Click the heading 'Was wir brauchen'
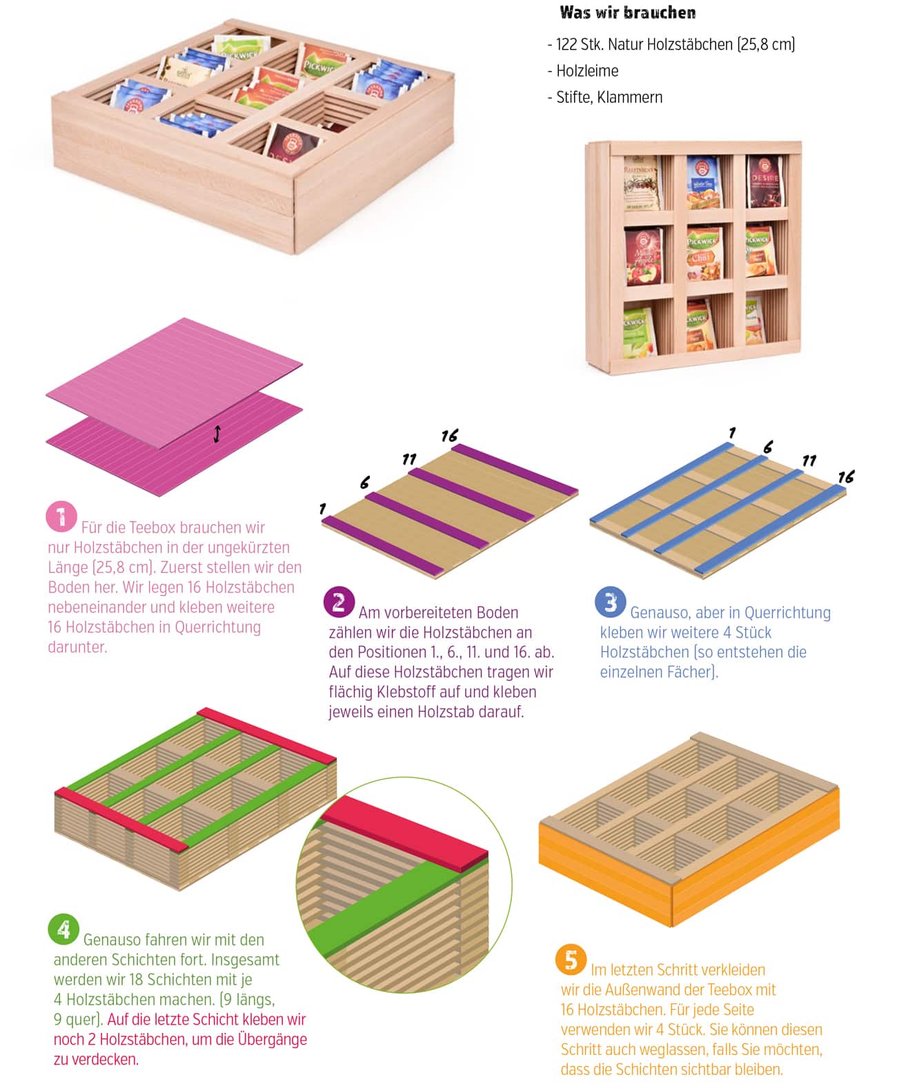(627, 13)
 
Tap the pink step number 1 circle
(61, 516)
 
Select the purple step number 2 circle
(339, 602)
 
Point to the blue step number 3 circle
(610, 602)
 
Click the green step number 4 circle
(63, 929)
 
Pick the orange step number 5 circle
(571, 960)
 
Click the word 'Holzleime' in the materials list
(587, 70)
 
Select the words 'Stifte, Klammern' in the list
(609, 97)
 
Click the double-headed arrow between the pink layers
(217, 434)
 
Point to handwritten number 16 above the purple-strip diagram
(450, 436)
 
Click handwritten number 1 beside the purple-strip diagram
(323, 509)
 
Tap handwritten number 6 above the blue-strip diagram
(768, 447)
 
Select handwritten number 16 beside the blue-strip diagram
(846, 476)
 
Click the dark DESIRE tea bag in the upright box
(765, 182)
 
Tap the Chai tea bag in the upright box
(704, 253)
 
